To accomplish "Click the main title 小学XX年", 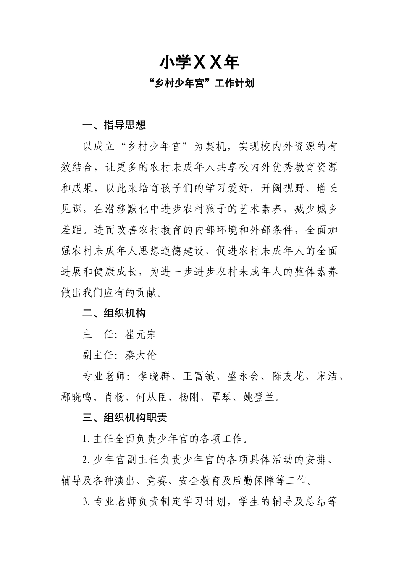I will [199, 63].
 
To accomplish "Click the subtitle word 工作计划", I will [234, 84].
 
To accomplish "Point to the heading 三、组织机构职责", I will [125, 418].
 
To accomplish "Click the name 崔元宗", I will [141, 334].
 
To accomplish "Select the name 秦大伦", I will [141, 355].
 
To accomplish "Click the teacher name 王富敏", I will [199, 376].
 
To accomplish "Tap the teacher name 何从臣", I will [152, 397].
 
